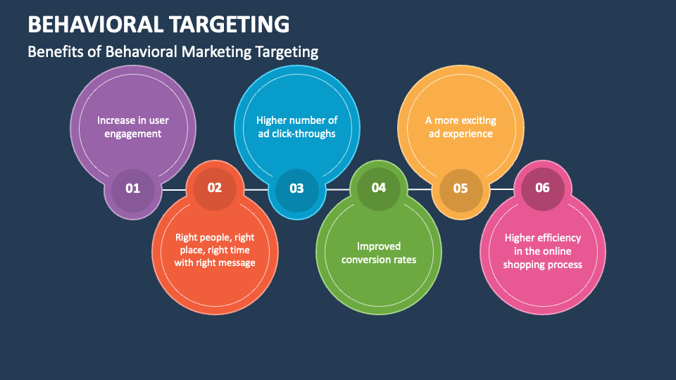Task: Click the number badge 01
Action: [x=133, y=189]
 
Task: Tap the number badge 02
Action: [x=215, y=187]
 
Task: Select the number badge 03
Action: [x=296, y=189]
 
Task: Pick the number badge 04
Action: [x=379, y=187]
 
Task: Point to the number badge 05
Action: [x=461, y=189]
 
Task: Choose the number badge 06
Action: [x=542, y=187]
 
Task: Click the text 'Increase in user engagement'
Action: [x=133, y=127]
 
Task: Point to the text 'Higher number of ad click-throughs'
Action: [x=296, y=127]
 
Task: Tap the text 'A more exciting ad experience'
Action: [x=461, y=127]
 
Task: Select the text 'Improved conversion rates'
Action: [x=379, y=253]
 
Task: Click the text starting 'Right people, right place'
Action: [x=215, y=250]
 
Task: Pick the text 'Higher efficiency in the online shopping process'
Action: [x=542, y=251]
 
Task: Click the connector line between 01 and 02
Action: [x=174, y=189]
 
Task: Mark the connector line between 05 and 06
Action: [x=501, y=189]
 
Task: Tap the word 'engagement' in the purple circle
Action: [x=133, y=134]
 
